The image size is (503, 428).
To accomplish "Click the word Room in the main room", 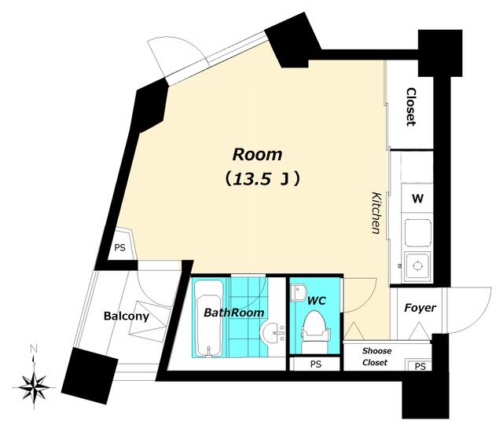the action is click(x=257, y=155).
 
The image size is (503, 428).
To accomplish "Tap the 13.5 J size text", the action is click(x=262, y=179).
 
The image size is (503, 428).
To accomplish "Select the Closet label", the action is click(x=411, y=107).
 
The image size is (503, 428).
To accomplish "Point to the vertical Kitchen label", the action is click(x=376, y=213).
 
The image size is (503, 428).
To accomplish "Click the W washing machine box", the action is click(x=417, y=199).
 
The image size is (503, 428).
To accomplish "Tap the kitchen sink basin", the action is click(x=417, y=232).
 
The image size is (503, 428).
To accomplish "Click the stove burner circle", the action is click(x=417, y=265).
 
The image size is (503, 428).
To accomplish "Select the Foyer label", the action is click(x=420, y=308).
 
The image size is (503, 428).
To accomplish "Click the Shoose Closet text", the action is click(x=376, y=357).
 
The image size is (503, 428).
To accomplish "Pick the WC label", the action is click(x=316, y=301).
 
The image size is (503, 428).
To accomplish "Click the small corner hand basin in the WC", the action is click(x=298, y=293).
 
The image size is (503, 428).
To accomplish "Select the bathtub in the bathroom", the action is click(x=208, y=318).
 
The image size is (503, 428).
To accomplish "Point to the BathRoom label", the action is click(x=234, y=313).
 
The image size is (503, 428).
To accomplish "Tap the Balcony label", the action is click(x=127, y=316).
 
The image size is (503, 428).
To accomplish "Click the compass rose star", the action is click(x=34, y=387).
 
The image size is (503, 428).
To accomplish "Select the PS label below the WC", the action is click(x=316, y=364).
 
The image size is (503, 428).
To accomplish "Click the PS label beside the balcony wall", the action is click(x=120, y=248).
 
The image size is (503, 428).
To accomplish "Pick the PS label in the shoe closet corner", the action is click(x=420, y=367).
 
